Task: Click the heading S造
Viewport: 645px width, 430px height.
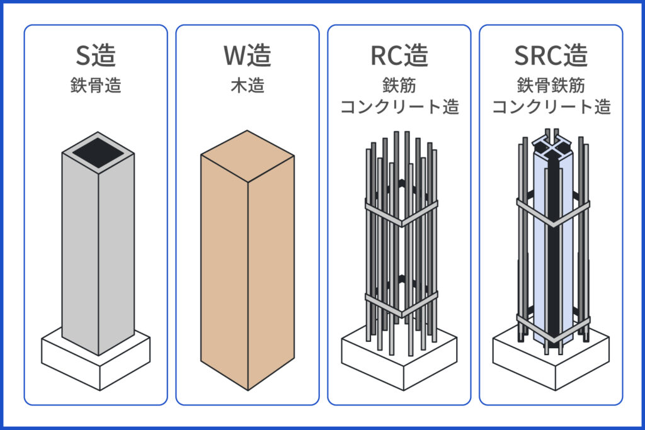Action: coord(96,57)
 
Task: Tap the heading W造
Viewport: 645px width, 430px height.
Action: coord(248,57)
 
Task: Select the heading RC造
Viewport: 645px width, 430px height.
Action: coord(399,57)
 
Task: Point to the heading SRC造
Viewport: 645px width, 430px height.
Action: coord(551,57)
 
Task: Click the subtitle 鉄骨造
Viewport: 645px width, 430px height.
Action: coord(96,86)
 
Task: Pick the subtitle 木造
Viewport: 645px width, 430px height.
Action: coord(248,86)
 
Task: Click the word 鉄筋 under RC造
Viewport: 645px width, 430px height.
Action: coord(399,84)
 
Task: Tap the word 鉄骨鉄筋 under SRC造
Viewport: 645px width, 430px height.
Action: coord(551,84)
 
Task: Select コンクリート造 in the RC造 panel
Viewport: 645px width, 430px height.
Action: coord(399,106)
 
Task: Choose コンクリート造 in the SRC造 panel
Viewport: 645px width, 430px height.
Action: coord(551,106)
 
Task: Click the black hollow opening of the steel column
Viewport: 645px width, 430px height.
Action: coord(97,152)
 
